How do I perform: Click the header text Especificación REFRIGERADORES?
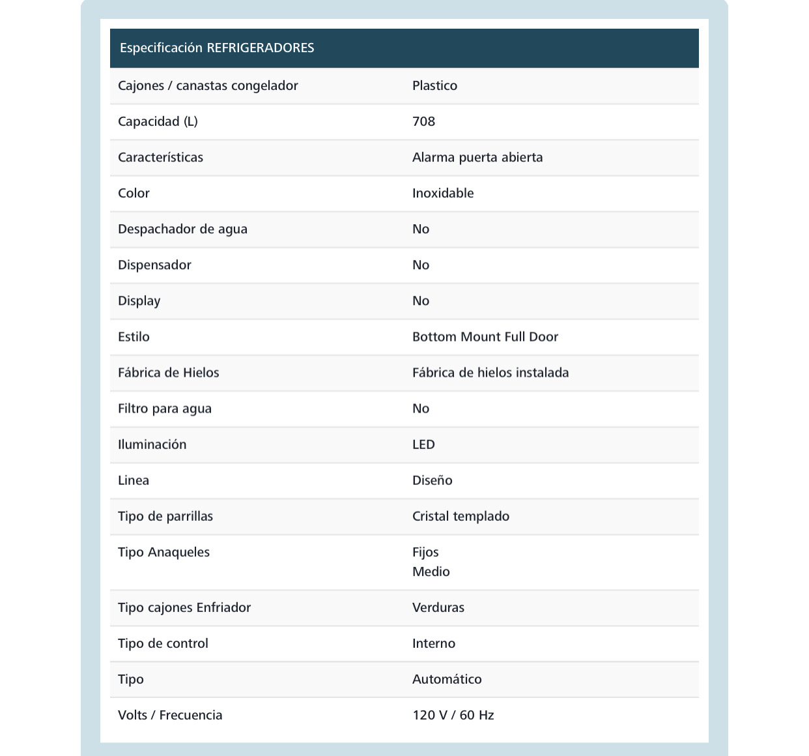217,48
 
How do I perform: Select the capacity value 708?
423,121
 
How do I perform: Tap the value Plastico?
434,85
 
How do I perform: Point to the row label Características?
160,157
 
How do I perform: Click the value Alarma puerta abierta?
477,157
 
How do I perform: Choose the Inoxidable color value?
443,193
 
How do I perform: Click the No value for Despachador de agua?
421,229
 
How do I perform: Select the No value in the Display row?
421,300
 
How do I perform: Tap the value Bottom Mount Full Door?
485,336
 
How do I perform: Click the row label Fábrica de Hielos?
168,372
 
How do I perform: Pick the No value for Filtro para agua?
421,408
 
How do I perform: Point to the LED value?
423,444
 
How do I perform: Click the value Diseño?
432,480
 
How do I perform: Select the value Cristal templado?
461,516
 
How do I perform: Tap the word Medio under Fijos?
431,572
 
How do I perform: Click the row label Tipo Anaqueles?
163,552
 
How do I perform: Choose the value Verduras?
438,607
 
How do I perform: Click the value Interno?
434,643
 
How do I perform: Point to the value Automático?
447,679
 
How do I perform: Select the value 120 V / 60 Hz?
453,715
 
